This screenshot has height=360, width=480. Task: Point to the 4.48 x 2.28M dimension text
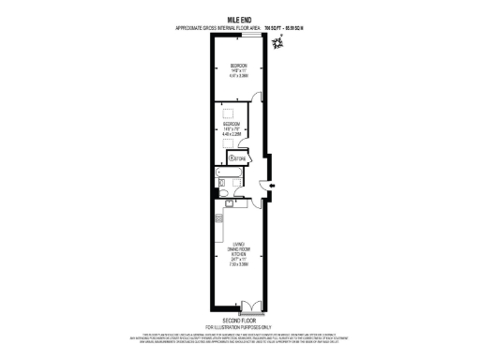click(x=232, y=134)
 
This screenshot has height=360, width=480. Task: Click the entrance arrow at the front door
click(x=271, y=186)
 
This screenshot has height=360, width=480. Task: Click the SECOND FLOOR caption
click(x=239, y=319)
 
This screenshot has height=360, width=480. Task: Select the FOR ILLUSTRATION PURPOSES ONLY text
click(x=239, y=325)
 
